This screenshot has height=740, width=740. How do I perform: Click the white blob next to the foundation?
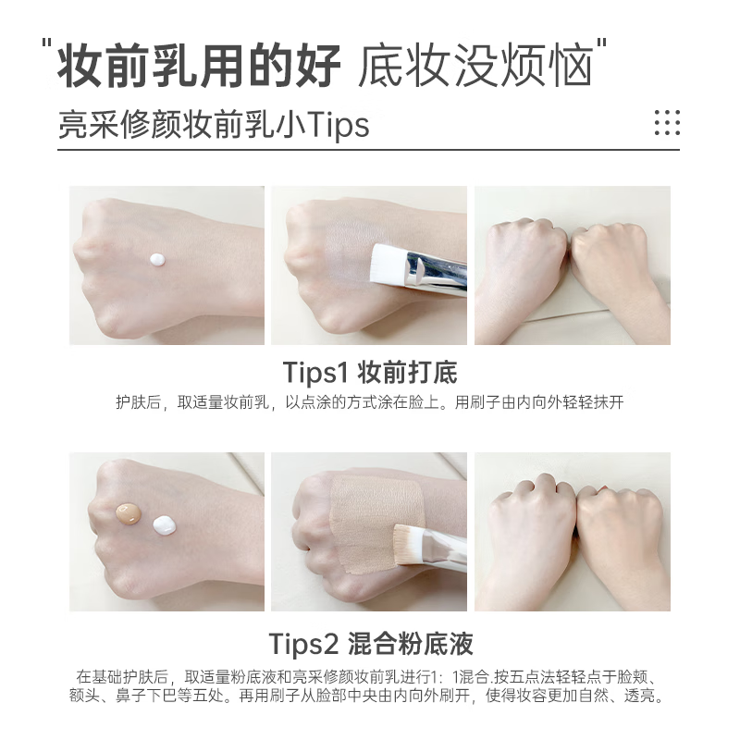pyautogui.click(x=166, y=526)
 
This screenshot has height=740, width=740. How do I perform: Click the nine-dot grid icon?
pyautogui.click(x=666, y=122)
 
